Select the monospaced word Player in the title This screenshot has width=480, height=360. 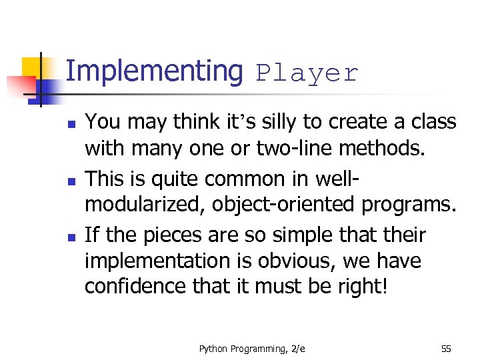307,73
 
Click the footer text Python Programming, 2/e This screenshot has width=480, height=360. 251,348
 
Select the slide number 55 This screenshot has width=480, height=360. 445,348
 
